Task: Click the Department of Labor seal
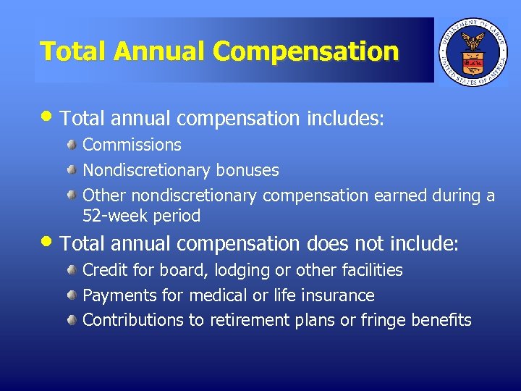tap(473, 50)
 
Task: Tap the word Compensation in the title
tap(306, 51)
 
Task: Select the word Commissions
tap(132, 145)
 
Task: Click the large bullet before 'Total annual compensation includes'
tap(48, 116)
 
